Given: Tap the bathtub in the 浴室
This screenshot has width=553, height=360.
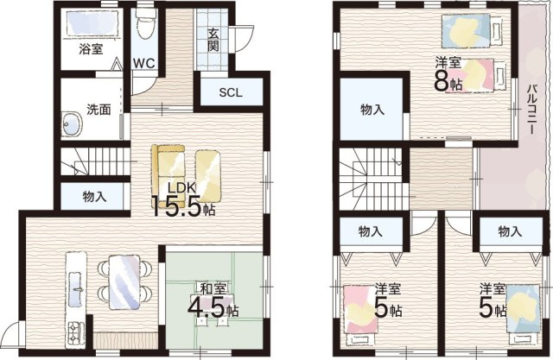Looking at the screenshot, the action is click(x=92, y=22).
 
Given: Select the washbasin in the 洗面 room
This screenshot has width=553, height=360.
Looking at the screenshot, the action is click(x=72, y=124).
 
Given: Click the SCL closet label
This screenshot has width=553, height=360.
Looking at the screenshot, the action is click(x=231, y=92).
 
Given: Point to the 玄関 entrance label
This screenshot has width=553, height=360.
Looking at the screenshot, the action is click(x=213, y=40).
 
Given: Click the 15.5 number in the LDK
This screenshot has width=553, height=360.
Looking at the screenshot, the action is click(x=175, y=207).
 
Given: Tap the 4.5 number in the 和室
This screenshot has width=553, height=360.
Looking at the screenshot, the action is click(x=206, y=308).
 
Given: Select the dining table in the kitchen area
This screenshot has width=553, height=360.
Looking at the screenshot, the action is click(x=124, y=282).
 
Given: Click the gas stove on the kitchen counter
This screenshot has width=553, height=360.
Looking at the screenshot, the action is click(x=75, y=333).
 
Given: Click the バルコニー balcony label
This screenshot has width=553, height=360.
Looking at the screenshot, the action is click(x=531, y=110).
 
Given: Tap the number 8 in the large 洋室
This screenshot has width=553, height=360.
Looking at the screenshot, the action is click(x=442, y=82).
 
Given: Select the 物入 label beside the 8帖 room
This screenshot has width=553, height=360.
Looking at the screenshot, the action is click(x=372, y=110).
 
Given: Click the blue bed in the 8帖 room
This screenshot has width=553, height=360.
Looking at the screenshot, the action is click(x=472, y=30).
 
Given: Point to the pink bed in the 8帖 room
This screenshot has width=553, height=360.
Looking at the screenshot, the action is click(x=475, y=76).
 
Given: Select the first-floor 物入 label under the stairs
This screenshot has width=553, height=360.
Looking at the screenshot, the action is click(x=94, y=197).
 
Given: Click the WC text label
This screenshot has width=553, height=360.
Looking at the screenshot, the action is click(x=144, y=63).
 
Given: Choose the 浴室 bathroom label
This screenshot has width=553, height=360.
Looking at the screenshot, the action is click(x=91, y=48).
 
